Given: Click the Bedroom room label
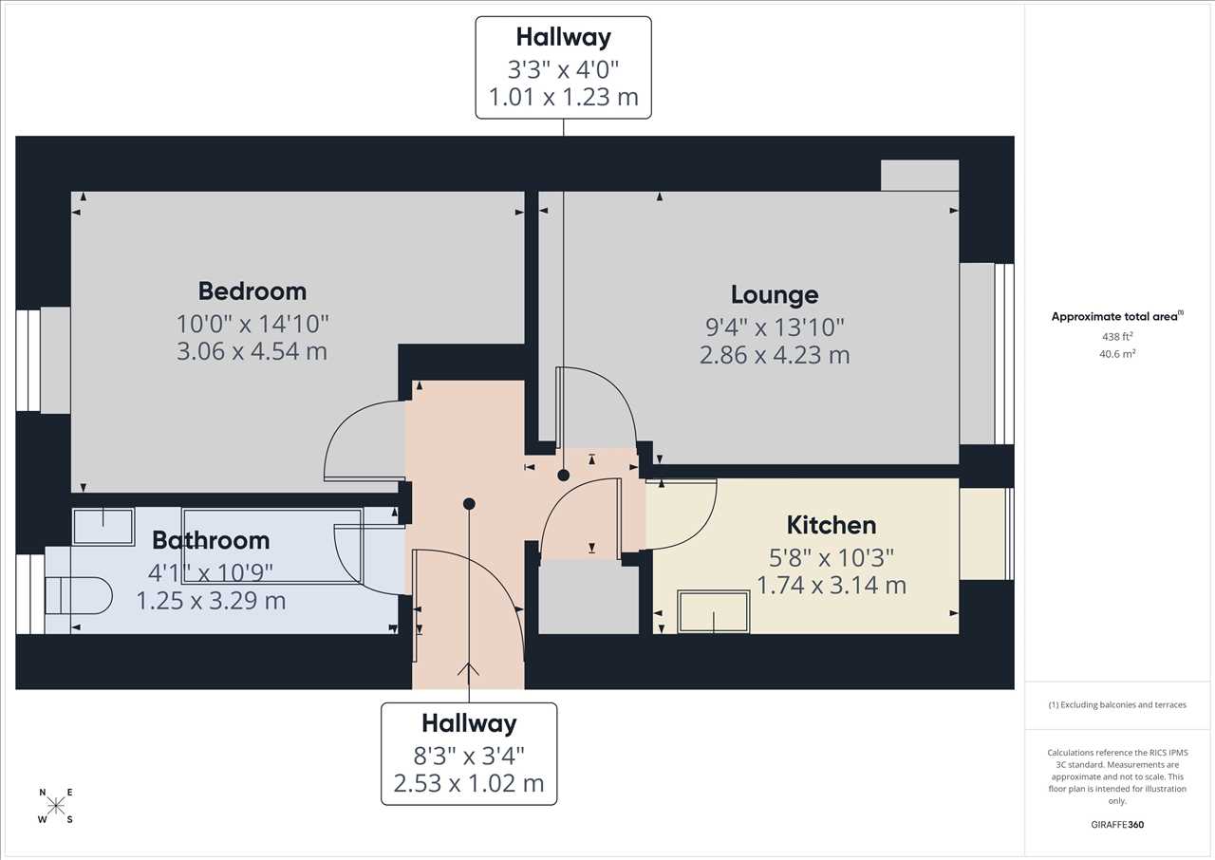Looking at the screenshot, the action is [x=252, y=291].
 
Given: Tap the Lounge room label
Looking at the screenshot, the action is [x=775, y=294].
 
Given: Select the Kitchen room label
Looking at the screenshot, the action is [x=832, y=525].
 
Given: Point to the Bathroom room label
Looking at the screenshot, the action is [x=211, y=540].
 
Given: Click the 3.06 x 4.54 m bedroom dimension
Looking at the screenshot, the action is [x=252, y=351].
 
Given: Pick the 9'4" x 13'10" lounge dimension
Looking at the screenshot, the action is [x=775, y=327].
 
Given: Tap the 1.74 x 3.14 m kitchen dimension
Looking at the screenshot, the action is [x=832, y=586].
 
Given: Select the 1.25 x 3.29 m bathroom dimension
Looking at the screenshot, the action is [x=211, y=601].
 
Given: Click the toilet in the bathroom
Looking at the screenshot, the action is [x=78, y=595].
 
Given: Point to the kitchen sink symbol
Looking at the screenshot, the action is [x=713, y=611].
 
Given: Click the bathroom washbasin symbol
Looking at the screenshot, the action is [x=103, y=527].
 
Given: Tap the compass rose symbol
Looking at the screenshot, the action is [x=56, y=806].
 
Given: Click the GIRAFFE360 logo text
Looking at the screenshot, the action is [x=1117, y=825].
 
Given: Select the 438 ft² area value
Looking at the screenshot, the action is [x=1117, y=336].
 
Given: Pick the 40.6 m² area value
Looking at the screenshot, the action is [x=1117, y=353].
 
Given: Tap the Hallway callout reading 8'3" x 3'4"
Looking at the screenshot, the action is [x=469, y=754].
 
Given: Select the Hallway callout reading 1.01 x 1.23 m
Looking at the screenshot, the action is [x=564, y=67].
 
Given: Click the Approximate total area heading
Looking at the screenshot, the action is [x=1117, y=316].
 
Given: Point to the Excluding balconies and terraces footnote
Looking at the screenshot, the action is [x=1117, y=705].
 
